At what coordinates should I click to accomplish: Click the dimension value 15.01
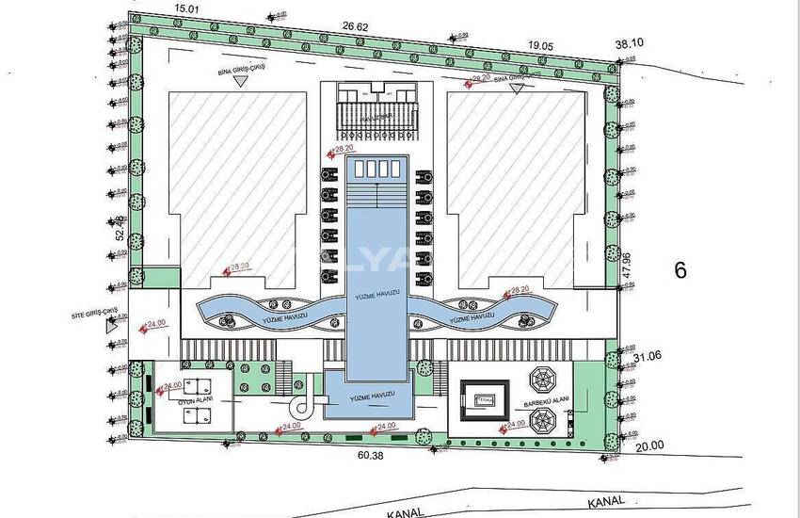point(188,7)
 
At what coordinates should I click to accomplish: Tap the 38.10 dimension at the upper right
point(630,43)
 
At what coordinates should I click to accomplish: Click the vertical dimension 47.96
point(626,267)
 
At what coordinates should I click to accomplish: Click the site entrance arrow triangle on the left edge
point(113,329)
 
